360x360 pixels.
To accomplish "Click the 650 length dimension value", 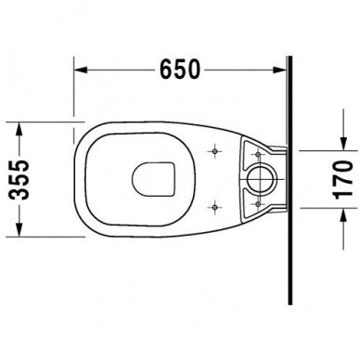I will [x=181, y=70].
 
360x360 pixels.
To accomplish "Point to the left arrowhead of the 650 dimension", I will [x=79, y=69].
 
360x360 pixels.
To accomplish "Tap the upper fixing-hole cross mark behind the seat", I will [x=215, y=148].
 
